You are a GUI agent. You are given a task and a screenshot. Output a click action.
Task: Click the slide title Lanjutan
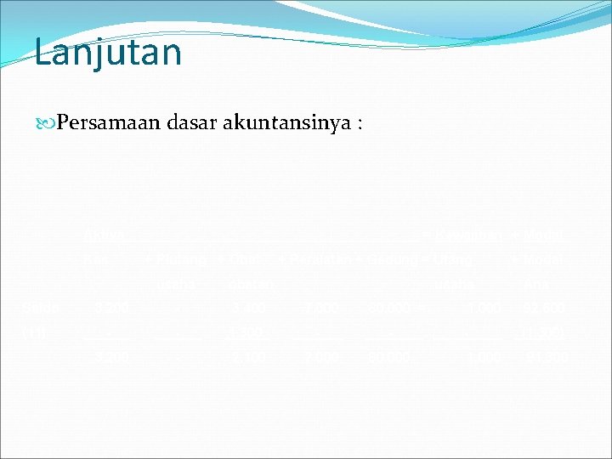(108, 52)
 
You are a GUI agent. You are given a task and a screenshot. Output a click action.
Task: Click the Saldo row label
(38, 305)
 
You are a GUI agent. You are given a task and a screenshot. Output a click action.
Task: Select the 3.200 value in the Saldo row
(107, 305)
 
